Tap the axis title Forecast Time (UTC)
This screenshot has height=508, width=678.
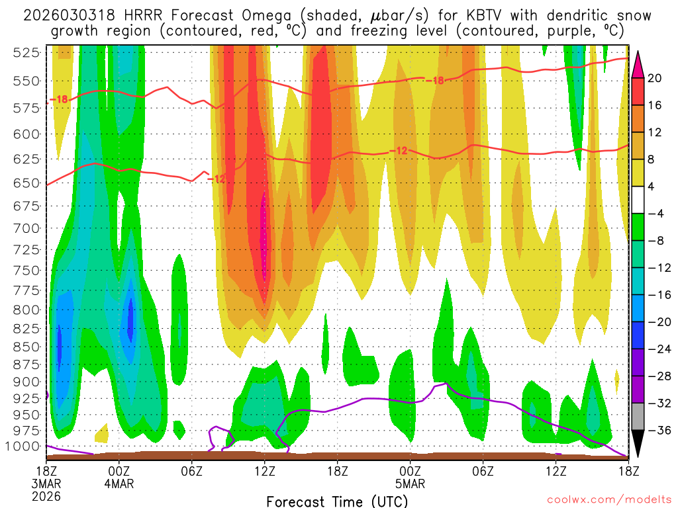pyautogui.click(x=338, y=501)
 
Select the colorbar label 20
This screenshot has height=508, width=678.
pyautogui.click(x=655, y=78)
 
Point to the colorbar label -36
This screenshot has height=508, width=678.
pyautogui.click(x=655, y=431)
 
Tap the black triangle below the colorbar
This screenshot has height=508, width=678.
pyautogui.click(x=638, y=444)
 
